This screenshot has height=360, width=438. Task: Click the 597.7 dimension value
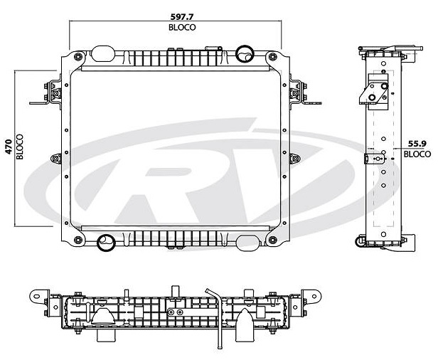[182, 16]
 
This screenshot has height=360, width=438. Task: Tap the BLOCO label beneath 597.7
[182, 27]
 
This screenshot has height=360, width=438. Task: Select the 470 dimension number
[8, 147]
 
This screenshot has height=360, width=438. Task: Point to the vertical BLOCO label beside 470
[20, 147]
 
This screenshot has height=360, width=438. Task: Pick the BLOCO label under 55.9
[417, 154]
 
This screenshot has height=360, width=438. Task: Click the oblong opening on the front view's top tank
[105, 53]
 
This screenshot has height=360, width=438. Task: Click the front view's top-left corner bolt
[76, 54]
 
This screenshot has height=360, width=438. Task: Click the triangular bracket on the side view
[378, 92]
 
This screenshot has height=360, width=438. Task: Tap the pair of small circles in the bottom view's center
[172, 311]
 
